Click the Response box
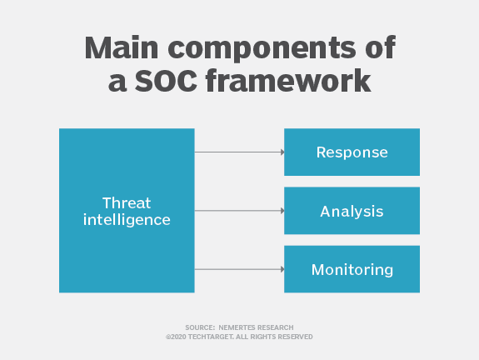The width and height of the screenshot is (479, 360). coord(352,152)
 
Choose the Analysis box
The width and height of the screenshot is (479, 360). coord(352,211)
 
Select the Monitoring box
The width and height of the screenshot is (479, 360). coord(352,269)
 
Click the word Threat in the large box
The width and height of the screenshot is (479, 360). coord(127,202)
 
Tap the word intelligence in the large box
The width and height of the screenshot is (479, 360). coord(127,220)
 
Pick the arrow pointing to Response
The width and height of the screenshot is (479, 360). coord(237,152)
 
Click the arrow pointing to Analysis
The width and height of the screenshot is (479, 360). coord(237,211)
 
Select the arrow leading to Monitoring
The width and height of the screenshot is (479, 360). coord(237,269)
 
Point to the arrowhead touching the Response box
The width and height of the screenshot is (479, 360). coord(282,152)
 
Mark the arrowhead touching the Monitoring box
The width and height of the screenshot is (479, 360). coord(282,269)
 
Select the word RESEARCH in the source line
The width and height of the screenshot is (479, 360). coord(277,327)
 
